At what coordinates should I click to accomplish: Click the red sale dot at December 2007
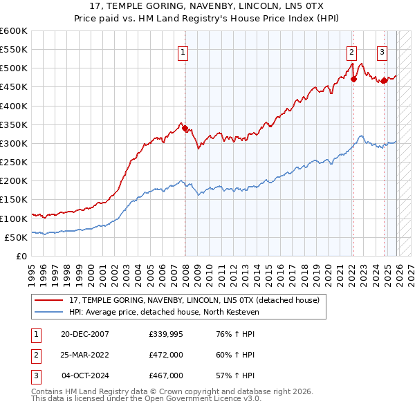[x=185, y=128]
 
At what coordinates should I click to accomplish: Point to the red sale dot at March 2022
[x=353, y=79]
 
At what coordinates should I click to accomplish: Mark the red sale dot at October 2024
[x=384, y=81]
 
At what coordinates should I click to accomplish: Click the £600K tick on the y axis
[x=14, y=31]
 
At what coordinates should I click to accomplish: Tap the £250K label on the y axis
[x=14, y=162]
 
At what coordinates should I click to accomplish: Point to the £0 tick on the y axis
[x=21, y=256]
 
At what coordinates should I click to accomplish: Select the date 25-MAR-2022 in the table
[x=84, y=355]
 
